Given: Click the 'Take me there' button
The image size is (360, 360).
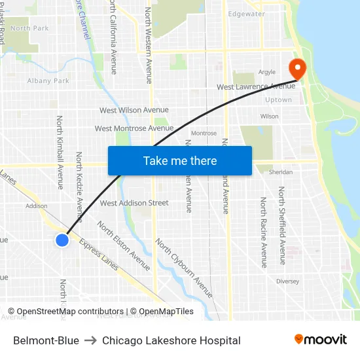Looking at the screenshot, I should click(x=180, y=161).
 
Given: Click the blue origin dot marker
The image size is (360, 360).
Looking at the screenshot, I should click(x=62, y=240).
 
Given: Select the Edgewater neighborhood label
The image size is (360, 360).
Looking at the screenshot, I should click(x=246, y=14).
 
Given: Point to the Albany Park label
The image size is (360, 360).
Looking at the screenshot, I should click(x=48, y=81).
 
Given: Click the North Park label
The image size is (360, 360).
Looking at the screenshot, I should click(x=29, y=28).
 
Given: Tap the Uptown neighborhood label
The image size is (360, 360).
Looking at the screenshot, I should click(x=278, y=100).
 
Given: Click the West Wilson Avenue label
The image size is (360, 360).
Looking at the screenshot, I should click(x=134, y=110).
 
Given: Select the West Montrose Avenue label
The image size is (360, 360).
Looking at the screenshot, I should click(x=134, y=129).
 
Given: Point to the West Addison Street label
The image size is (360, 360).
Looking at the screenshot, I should click(x=134, y=203).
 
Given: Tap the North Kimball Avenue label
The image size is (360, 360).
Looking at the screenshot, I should click(x=60, y=153).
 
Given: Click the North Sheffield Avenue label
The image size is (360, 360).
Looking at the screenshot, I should click(x=282, y=225).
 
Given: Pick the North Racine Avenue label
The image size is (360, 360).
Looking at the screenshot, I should click(x=264, y=232).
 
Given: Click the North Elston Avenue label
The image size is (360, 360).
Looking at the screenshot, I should click(x=124, y=246).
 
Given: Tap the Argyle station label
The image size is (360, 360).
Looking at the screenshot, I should click(x=266, y=72).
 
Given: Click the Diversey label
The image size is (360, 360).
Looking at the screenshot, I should click(x=287, y=281).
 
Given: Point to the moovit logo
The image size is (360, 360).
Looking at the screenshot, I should click(x=320, y=340).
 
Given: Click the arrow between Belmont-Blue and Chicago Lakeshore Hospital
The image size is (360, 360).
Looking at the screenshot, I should click(x=90, y=340).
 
